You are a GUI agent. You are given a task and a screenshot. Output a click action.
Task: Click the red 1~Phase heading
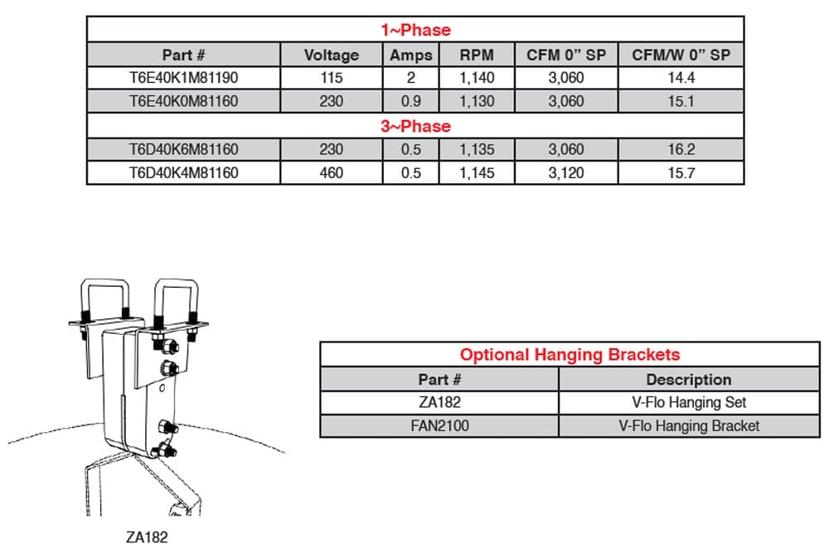click(415, 30)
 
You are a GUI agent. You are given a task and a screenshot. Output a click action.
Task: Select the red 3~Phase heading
click(415, 126)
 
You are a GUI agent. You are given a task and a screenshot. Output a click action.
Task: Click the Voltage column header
click(332, 55)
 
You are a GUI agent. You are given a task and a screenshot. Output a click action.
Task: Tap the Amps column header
click(411, 55)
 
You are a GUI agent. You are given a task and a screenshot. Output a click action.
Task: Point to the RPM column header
click(477, 55)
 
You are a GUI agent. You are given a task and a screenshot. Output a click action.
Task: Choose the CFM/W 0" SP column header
click(681, 55)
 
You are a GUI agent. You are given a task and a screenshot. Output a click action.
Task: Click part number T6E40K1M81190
click(184, 78)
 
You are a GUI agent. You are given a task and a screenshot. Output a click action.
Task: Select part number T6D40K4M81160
click(184, 172)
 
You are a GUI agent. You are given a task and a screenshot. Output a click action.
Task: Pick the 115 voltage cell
click(332, 78)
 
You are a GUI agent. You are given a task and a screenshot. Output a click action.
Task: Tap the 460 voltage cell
click(332, 172)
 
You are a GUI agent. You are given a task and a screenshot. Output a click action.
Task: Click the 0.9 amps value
click(411, 101)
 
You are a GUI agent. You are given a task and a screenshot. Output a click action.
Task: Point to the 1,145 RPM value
click(477, 172)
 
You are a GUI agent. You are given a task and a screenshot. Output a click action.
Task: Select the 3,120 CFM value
click(566, 172)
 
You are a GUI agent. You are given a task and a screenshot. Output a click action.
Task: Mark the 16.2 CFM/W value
click(681, 149)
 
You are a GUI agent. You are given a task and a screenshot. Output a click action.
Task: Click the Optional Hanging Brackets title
click(570, 355)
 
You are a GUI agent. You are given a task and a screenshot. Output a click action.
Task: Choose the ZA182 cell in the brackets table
click(439, 402)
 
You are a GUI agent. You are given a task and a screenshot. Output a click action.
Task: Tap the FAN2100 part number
click(439, 426)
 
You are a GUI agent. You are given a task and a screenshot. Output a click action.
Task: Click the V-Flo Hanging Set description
click(688, 402)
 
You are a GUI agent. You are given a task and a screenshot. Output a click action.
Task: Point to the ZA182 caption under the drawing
click(147, 537)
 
